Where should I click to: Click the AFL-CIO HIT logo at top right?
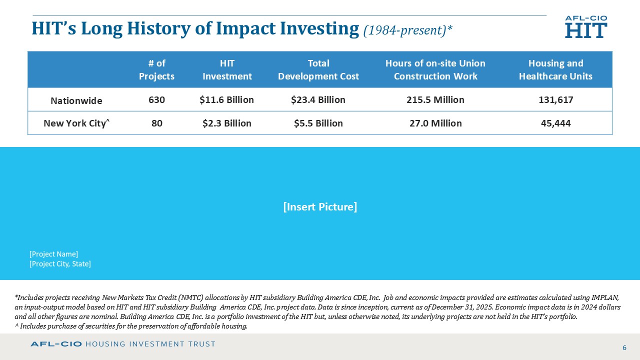tap(586, 27)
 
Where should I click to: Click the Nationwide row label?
tap(76, 100)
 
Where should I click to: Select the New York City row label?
tap(76, 123)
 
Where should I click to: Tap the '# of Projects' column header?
tap(156, 70)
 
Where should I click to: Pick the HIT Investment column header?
tap(227, 70)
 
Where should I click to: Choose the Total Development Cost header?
tap(318, 70)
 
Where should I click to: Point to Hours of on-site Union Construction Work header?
tap(435, 70)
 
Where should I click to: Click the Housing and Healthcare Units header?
tap(555, 70)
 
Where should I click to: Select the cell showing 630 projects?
tap(156, 100)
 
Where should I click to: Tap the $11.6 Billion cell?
tap(226, 100)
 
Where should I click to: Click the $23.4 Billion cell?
tap(318, 100)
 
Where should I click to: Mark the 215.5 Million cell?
tap(435, 100)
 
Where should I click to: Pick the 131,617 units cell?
tap(555, 100)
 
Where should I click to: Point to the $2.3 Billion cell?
tap(226, 123)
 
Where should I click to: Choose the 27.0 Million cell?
tap(435, 123)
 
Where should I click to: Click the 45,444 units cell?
tap(555, 123)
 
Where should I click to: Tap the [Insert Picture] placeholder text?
tap(320, 207)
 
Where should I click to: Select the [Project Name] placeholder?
tap(53, 254)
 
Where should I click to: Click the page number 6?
tap(624, 347)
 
